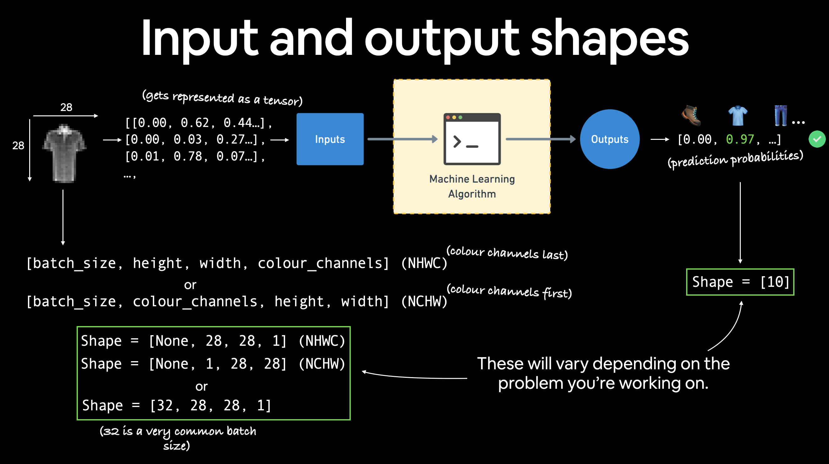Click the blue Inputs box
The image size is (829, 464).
330,139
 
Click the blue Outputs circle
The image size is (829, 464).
610,139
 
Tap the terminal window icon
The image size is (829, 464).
472,139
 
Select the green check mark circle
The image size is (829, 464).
817,139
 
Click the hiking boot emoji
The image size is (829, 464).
691,115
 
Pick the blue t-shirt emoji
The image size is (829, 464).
738,115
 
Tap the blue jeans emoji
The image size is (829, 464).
781,115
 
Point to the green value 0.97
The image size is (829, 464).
740,139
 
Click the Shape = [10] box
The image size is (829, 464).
740,282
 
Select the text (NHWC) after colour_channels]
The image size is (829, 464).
424,263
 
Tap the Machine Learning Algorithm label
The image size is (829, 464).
472,186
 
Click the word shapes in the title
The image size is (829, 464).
609,39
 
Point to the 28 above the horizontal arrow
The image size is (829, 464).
66,107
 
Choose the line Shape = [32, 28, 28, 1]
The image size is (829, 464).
177,405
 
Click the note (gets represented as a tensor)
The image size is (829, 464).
222,98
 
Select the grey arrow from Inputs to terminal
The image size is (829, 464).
402,139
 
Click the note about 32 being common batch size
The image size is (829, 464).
178,438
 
